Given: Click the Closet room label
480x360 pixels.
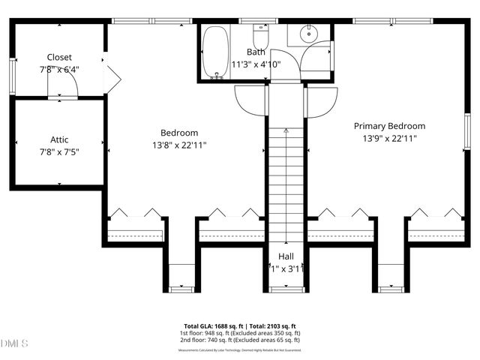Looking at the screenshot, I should point(59,57).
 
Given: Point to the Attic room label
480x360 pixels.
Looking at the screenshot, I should point(59,139).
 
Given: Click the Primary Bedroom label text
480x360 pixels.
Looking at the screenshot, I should point(389,126).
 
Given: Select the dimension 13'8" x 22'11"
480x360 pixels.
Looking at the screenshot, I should point(179,145).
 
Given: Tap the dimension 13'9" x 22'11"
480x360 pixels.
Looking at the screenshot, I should point(389,138).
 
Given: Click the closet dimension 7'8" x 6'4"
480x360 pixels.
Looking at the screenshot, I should point(59,69).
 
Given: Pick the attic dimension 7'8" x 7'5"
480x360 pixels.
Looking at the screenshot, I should point(59,151).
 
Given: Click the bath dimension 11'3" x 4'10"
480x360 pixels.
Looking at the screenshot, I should point(256,64).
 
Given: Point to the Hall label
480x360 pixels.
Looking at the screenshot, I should point(286,256).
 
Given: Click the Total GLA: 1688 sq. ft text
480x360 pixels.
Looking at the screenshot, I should point(212,325).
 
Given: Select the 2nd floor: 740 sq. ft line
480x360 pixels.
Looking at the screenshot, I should point(240,340).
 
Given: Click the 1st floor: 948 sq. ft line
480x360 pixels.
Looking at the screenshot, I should point(240,333).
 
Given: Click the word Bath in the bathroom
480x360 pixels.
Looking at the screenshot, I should point(256,52).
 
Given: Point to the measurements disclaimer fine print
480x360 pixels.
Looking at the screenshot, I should point(240,350).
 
